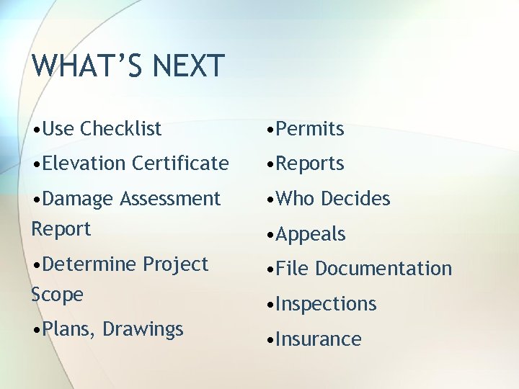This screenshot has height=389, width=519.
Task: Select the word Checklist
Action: pos(121,129)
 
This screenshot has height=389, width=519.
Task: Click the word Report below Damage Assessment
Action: pos(61,229)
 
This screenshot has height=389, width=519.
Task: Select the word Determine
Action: pos(89,264)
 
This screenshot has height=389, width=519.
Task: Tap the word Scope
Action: pos(57,295)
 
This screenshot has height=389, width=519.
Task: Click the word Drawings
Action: pos(143,329)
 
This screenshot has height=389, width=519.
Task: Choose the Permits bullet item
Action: pos(309,129)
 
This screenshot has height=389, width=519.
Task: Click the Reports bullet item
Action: pos(309,164)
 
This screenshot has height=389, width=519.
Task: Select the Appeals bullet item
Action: pos(310,234)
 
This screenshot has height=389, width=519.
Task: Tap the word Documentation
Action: pos(383,269)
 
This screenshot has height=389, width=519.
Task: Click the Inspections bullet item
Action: pos(325,304)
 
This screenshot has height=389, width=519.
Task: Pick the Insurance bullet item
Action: pos(318,339)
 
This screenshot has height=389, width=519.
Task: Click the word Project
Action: pos(175,264)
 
